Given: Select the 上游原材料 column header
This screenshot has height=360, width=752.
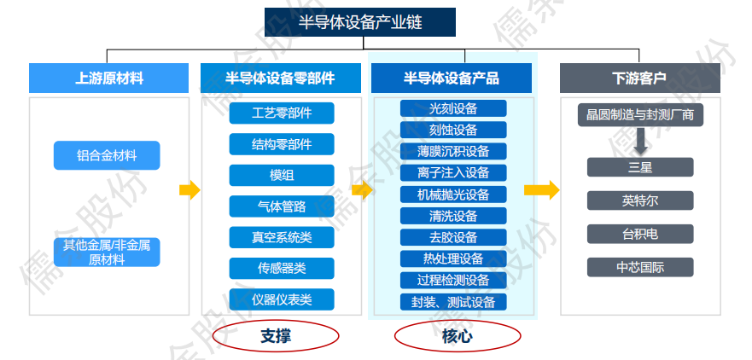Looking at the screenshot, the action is click(108, 78).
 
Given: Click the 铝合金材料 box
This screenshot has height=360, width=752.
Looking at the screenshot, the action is click(107, 156).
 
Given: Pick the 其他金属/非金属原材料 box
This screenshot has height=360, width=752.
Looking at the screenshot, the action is click(107, 252).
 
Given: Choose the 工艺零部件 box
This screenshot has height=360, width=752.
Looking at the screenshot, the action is click(282, 113).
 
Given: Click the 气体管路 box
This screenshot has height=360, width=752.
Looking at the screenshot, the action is click(282, 206).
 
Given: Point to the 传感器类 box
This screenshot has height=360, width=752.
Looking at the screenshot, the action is click(282, 268).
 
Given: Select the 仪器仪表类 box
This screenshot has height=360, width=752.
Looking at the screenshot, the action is click(282, 299).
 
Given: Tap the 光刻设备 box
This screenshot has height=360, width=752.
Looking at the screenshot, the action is click(453, 108).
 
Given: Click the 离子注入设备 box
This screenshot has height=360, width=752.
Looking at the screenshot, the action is click(453, 172).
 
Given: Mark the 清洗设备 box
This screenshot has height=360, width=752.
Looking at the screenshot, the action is click(453, 216).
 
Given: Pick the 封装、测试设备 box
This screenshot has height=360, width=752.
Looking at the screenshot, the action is click(453, 302).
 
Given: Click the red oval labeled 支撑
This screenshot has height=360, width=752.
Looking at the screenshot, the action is click(276, 335).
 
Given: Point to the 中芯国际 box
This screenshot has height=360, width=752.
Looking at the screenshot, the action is click(640, 267).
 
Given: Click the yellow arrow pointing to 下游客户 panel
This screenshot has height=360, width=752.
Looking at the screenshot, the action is click(540, 190).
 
